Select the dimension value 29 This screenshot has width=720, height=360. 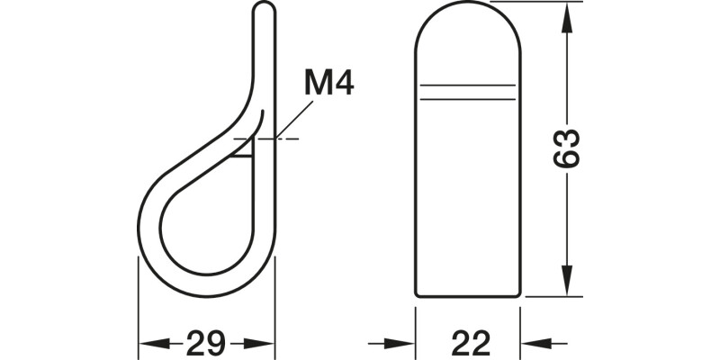click(205, 343)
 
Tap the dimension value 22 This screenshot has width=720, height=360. click(470, 343)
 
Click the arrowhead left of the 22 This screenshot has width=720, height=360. click(401, 343)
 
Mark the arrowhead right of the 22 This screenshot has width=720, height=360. click(538, 343)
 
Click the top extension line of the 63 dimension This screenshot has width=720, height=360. click(540, 4)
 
